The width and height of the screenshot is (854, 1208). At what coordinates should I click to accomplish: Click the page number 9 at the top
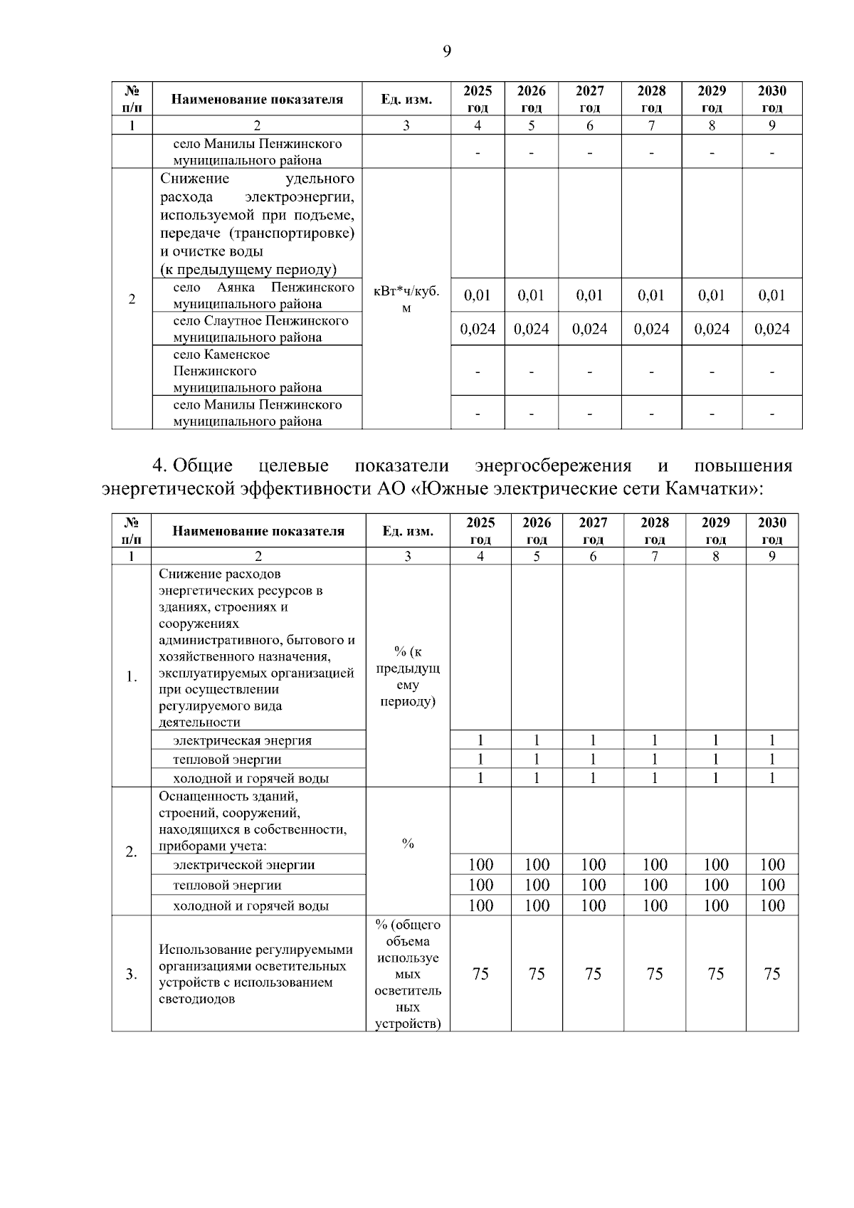coord(447,51)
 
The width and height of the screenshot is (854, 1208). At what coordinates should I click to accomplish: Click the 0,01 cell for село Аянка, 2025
coord(478,295)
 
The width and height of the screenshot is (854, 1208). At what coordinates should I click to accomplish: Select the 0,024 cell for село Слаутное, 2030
coord(771,329)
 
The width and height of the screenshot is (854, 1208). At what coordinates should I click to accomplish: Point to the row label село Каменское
coord(221,354)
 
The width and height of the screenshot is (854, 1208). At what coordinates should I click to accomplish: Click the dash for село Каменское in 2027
coord(589,371)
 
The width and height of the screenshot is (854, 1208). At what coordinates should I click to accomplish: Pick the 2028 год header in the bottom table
coord(654,530)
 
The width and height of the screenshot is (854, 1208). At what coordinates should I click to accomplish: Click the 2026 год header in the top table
coord(531,99)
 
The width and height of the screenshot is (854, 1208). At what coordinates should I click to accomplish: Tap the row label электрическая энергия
coord(242,740)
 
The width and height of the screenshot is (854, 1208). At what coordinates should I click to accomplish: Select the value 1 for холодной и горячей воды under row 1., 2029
coord(715,778)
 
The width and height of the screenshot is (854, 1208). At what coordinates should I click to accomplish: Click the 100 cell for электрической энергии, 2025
coord(480,865)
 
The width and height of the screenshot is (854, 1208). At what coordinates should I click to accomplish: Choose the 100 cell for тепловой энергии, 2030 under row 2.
coord(771,885)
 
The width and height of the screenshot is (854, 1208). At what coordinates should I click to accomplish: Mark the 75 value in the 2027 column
coord(593,974)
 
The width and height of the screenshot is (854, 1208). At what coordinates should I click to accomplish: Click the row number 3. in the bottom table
coord(132,974)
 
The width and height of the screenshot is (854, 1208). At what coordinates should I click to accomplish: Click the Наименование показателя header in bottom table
coord(258,530)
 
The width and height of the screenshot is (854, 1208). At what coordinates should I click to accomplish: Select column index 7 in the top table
coord(651,125)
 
